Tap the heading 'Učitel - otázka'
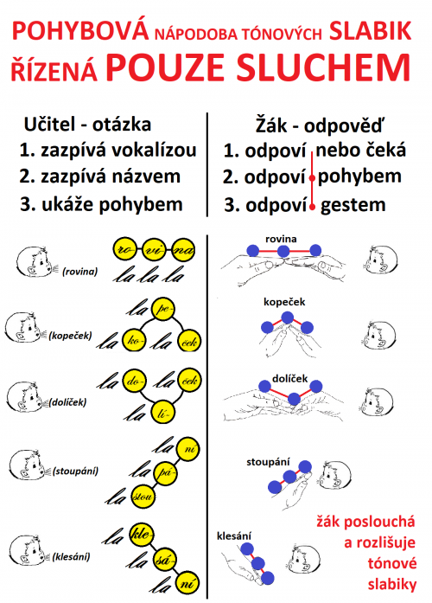pos(87,125)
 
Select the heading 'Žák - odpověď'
pos(320,125)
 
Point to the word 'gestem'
pos(353,205)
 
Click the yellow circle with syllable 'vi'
pos(154,250)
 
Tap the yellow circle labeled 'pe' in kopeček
pos(163,309)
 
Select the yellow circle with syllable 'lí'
pos(163,412)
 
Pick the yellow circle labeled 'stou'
pos(143,497)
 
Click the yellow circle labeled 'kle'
pos(142,535)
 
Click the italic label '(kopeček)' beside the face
pos(70,336)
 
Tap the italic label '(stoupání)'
pos(76,471)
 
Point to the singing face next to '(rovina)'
pos(35,261)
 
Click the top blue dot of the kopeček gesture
pos(287,318)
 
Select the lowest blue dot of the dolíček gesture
pos(294,399)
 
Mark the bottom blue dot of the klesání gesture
pos(268,578)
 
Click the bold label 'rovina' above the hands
pos(281,239)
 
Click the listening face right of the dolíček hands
pos(377,402)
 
